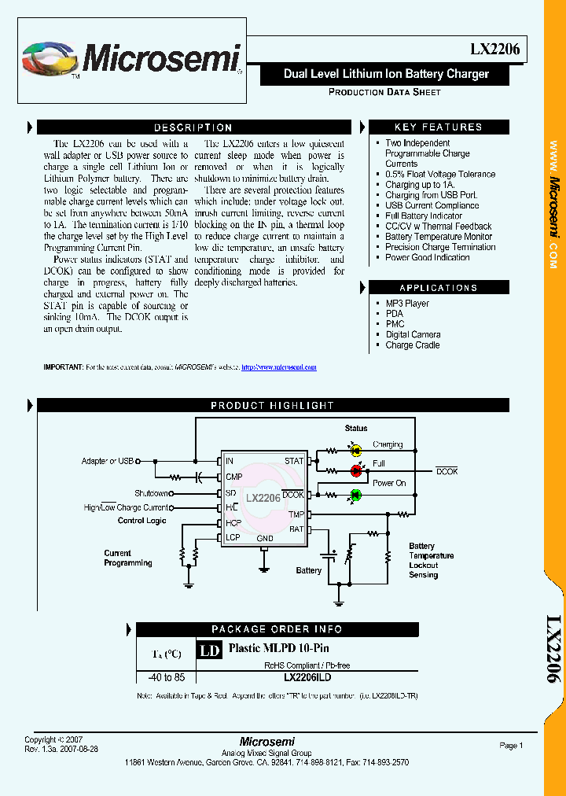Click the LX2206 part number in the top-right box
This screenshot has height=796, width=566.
[494, 49]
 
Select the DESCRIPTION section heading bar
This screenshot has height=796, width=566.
[193, 127]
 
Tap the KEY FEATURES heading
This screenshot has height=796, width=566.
[438, 127]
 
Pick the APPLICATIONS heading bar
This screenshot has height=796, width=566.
[438, 288]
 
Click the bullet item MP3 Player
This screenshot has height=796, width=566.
[407, 304]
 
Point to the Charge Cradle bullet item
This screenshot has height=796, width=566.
[412, 345]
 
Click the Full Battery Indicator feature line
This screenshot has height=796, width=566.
[424, 216]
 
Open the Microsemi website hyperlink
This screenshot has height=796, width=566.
[278, 367]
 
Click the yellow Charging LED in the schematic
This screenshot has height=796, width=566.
[355, 451]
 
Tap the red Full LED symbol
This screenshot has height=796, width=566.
[355, 470]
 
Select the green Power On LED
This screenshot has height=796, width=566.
[355, 494]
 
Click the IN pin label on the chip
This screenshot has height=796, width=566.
[229, 461]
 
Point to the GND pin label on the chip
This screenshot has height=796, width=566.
[265, 539]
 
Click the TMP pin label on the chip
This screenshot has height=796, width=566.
[296, 514]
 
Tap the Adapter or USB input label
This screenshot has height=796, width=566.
[108, 461]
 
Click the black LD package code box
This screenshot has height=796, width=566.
[208, 650]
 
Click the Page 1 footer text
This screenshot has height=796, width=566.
[511, 746]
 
